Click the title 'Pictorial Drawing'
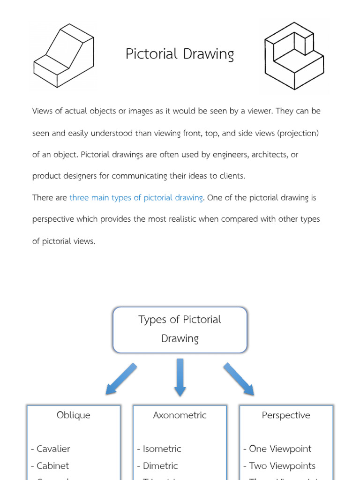click(x=180, y=54)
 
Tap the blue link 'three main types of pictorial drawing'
click(x=136, y=198)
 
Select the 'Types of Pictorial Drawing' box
click(x=180, y=330)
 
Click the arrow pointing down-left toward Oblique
click(x=121, y=379)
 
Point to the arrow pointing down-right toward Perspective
click(x=239, y=379)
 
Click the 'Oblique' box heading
click(x=74, y=415)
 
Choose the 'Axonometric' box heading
click(x=180, y=415)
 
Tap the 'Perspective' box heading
click(x=286, y=415)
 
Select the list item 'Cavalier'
click(x=53, y=449)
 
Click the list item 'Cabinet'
click(x=52, y=466)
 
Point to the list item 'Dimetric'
click(x=160, y=466)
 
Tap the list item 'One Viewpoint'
click(x=280, y=449)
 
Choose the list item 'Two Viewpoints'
click(x=282, y=466)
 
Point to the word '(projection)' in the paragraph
click(x=298, y=133)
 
